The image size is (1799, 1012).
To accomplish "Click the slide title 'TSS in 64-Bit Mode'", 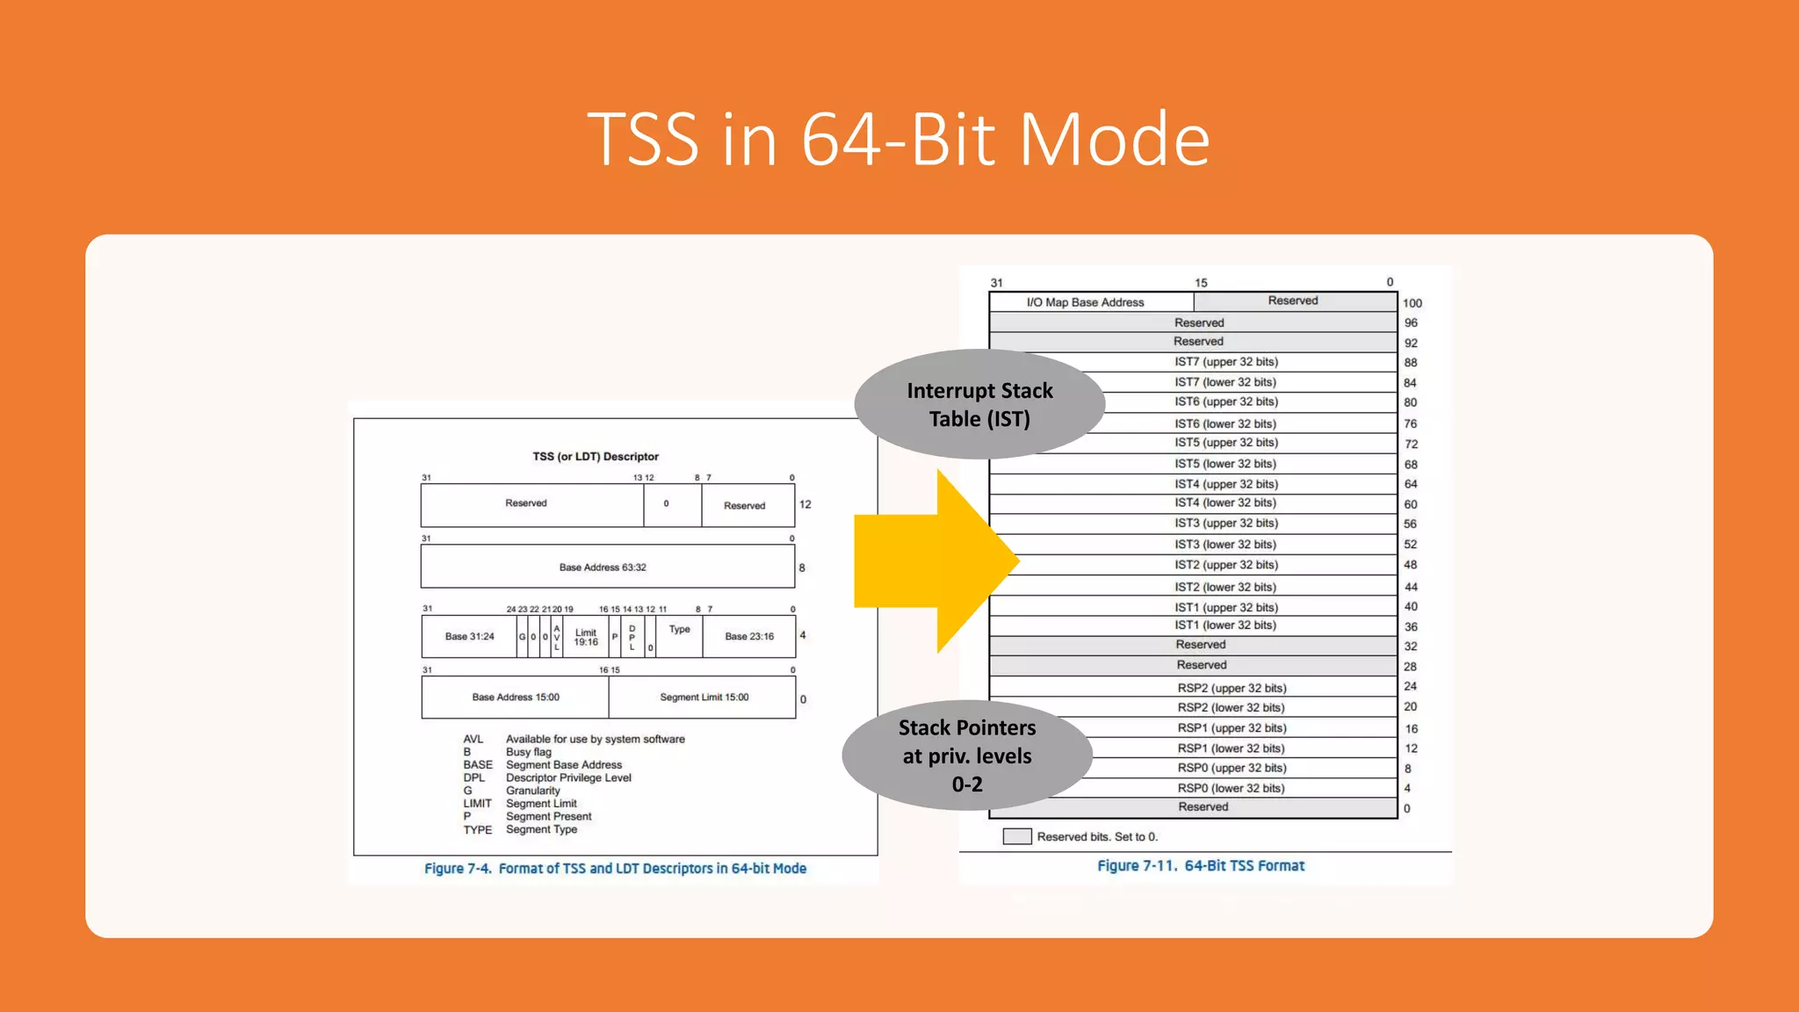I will (899, 139).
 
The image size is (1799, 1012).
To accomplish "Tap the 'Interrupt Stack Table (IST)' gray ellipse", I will (979, 405).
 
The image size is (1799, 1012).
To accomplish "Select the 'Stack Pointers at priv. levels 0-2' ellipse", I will (967, 755).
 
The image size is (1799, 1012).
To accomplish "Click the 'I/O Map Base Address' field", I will (1085, 302).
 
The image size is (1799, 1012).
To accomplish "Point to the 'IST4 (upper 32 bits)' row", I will (1225, 484).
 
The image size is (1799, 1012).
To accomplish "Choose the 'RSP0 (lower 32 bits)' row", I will (1230, 788).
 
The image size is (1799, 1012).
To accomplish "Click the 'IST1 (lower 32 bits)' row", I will (1225, 625).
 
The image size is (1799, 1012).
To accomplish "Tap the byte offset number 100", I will (1412, 303).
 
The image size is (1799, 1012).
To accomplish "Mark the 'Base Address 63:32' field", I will (603, 567).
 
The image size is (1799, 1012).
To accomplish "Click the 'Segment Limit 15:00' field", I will (704, 698).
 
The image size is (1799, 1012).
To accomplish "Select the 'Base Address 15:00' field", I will (516, 698).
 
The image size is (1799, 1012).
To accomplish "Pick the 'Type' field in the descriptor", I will (679, 630).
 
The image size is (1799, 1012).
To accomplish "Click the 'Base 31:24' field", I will (469, 637).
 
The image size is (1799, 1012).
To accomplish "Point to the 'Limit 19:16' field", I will (586, 637).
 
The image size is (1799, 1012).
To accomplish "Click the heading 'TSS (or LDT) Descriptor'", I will (595, 457).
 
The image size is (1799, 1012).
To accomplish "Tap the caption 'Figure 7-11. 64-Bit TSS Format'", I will (1200, 865).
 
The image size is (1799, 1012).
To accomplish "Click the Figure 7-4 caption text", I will (615, 868).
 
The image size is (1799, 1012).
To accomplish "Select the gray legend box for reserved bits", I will (1016, 836).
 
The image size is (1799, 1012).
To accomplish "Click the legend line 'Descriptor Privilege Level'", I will (568, 777).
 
